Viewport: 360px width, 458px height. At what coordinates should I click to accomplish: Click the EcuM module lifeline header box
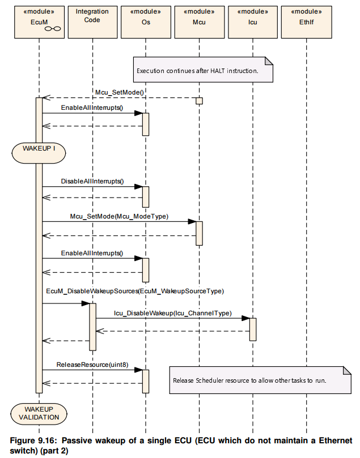point(40,22)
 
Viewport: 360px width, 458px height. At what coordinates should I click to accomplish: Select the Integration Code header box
point(93,22)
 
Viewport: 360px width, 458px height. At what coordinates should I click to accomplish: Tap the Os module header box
point(146,22)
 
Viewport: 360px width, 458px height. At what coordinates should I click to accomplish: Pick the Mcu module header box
point(200,22)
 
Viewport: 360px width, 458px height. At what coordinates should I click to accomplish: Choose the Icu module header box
point(253,22)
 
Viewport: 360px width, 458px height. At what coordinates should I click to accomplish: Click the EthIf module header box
point(307,22)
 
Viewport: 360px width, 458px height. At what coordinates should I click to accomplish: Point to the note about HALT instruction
point(203,70)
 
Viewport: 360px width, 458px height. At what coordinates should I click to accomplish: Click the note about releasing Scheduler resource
point(260,380)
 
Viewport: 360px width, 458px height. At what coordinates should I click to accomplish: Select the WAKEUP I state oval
point(39,153)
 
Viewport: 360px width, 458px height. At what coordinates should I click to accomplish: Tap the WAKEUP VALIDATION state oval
point(39,414)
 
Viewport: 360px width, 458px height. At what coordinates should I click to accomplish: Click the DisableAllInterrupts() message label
point(92,181)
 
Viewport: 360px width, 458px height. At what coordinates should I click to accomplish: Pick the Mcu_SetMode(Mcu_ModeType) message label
point(119,216)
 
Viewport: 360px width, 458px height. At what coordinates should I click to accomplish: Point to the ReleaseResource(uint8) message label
point(92,365)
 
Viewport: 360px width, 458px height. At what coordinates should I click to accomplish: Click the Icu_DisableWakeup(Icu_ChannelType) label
point(173,313)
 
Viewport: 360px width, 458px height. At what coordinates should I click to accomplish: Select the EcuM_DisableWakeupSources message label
point(135,291)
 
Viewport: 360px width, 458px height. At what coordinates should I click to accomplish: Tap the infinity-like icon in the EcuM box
point(53,29)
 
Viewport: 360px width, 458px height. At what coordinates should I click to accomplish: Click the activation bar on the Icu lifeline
point(253,329)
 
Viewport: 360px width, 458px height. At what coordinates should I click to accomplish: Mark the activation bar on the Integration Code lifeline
point(93,327)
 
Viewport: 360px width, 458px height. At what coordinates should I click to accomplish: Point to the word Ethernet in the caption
point(336,440)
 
